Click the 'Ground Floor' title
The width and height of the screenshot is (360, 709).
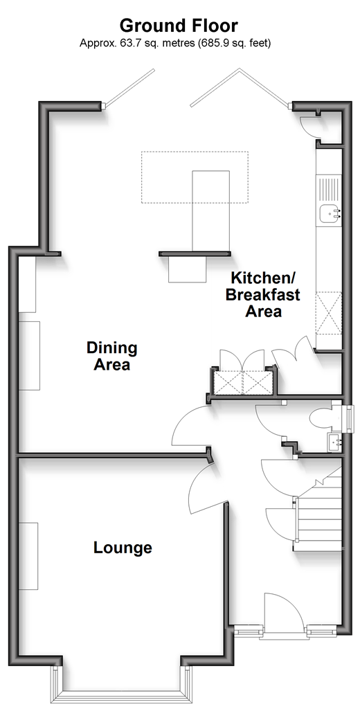coord(178,26)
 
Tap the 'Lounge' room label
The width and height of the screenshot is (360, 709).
coord(123,548)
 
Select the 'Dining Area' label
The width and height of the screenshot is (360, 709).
coord(111,357)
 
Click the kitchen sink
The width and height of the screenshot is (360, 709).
coord(329,214)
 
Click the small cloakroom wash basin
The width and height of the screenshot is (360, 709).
coord(334,440)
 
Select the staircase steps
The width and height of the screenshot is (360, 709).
coord(319,510)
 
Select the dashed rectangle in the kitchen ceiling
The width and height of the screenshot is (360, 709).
coord(195,177)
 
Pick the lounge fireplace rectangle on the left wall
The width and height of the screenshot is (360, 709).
coord(28,556)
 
